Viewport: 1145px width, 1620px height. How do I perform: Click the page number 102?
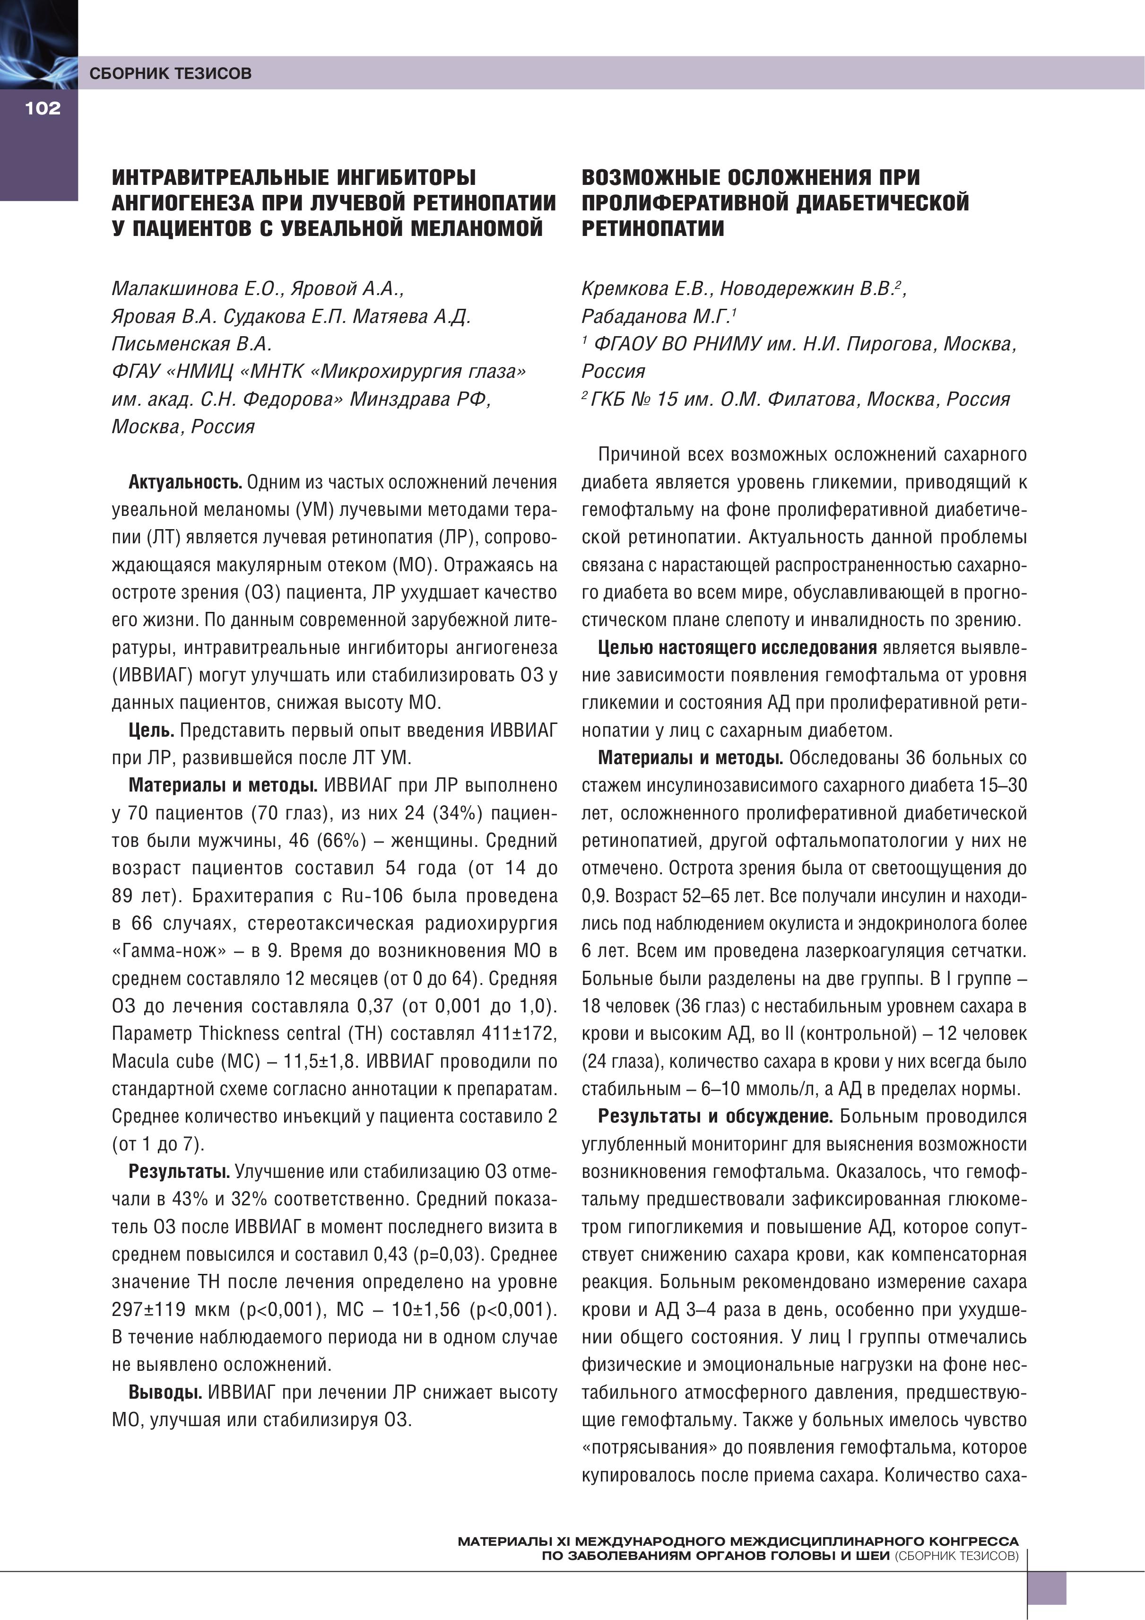point(43,108)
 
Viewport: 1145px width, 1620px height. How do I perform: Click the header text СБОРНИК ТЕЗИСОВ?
point(170,73)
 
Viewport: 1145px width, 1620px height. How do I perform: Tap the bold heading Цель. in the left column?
point(151,730)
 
